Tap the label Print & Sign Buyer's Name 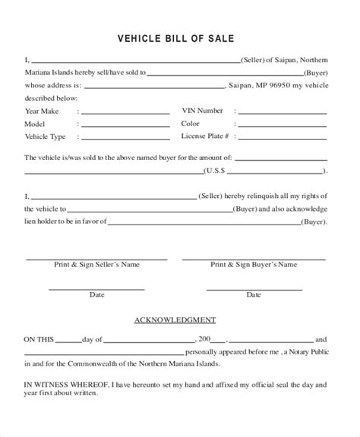coord(254,266)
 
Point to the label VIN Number coord(201,111)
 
